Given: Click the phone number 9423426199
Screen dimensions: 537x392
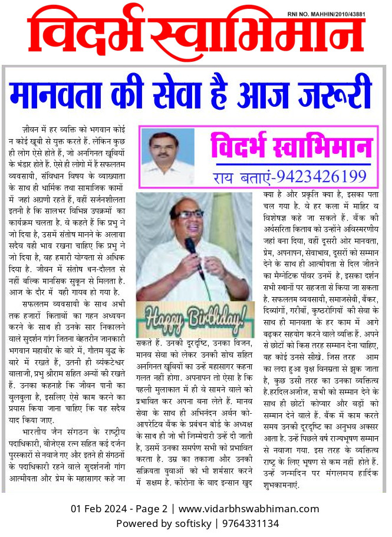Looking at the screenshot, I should tap(321, 176).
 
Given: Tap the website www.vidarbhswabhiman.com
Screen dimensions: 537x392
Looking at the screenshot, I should tap(249, 509).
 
